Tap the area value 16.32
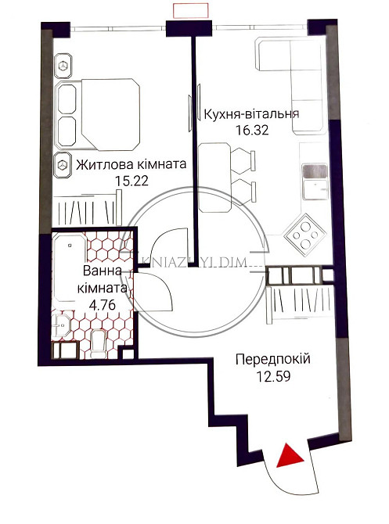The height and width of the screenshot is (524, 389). tap(251, 131)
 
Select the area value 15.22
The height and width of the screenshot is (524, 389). tap(131, 181)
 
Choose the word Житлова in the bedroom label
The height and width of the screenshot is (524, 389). tap(99, 165)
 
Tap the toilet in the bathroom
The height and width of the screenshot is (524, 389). tap(99, 343)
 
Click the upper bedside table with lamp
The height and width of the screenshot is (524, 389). tap(62, 66)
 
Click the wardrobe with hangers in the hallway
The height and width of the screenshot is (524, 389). tap(298, 300)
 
